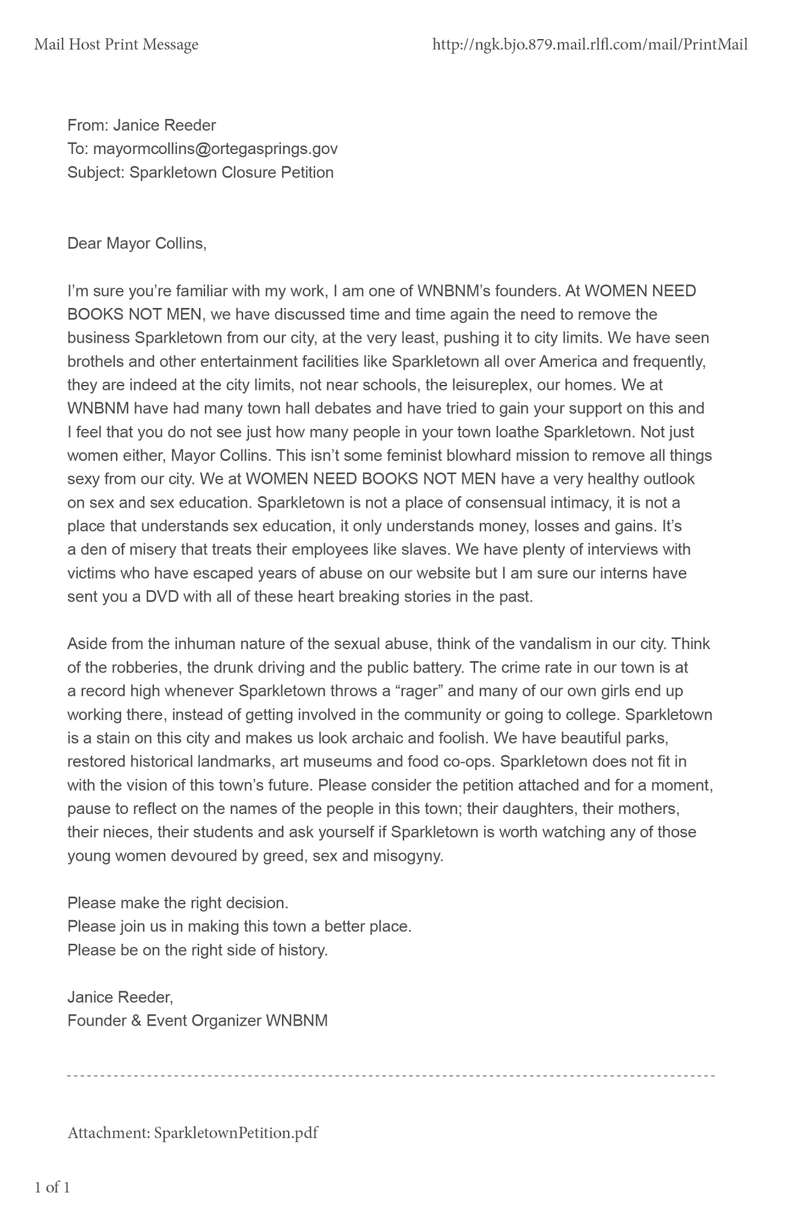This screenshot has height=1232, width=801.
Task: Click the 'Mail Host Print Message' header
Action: [116, 45]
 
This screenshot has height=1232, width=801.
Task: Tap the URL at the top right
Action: [590, 45]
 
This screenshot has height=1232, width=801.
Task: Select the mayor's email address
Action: [215, 149]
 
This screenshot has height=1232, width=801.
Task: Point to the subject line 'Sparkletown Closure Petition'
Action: [232, 173]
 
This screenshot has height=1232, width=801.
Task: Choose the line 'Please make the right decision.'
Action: [178, 903]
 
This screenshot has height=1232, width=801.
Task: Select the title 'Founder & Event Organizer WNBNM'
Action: [198, 1021]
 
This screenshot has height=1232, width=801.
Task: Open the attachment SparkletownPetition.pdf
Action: [236, 1133]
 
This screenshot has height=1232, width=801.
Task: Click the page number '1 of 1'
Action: [52, 1187]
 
